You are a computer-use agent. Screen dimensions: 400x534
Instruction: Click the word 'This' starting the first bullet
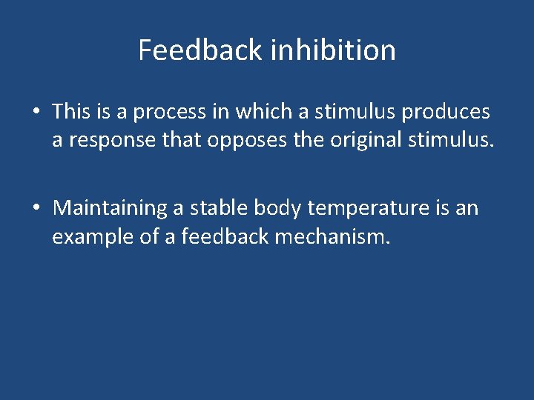click(70, 112)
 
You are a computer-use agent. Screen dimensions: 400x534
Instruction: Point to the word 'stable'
click(217, 208)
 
